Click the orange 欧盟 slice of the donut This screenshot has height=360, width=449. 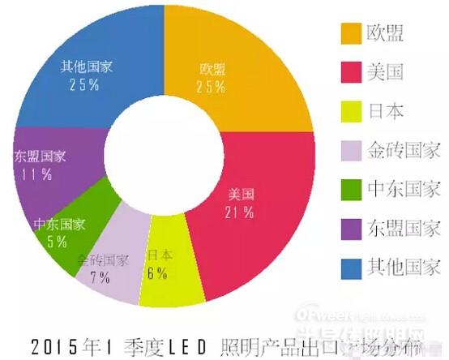(x=243, y=65)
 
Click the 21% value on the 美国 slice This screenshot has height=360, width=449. (x=243, y=212)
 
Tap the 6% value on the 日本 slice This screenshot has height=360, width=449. (x=157, y=274)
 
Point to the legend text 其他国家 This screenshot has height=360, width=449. (x=404, y=266)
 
